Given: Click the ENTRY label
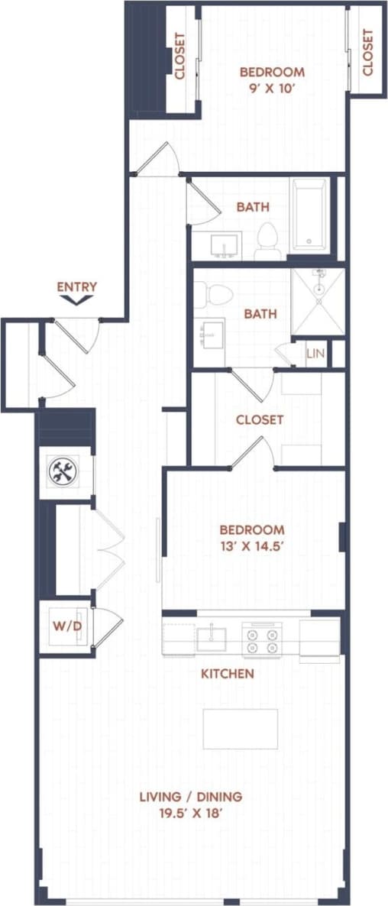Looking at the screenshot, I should pos(77,287).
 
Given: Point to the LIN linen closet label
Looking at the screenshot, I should pos(315,353).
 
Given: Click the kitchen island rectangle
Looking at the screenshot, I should pos(240,728).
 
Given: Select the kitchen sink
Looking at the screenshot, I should pos(211,638).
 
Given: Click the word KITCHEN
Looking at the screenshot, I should pos(227,674).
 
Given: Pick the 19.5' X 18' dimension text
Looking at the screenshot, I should pos(190,814).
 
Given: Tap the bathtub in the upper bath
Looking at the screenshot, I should pos(309,215).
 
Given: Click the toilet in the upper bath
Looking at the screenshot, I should pos(267,238).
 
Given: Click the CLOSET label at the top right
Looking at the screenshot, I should pos(368,52).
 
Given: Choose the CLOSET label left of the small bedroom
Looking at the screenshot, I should pos(180,57).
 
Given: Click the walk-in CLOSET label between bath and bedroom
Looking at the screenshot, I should pos(260,419).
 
